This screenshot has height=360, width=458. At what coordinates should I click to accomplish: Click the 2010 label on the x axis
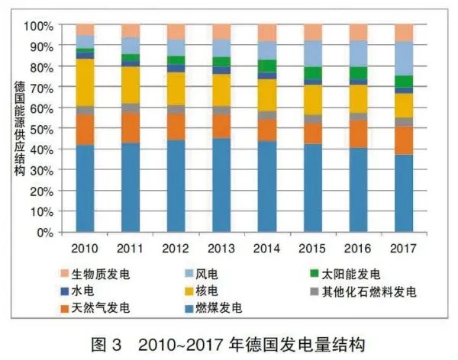tap(85, 248)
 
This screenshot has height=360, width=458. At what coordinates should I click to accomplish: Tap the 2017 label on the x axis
tap(404, 248)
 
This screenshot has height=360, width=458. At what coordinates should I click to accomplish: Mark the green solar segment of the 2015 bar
tap(313, 73)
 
